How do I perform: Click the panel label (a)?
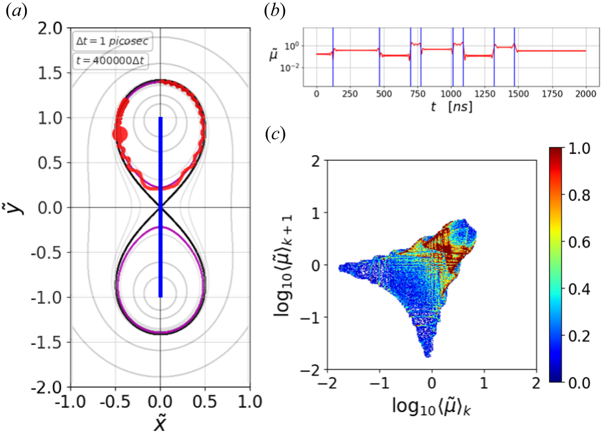14,13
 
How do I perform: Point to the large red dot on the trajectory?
119,134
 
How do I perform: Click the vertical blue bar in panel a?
161,207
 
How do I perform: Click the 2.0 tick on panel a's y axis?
53,28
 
